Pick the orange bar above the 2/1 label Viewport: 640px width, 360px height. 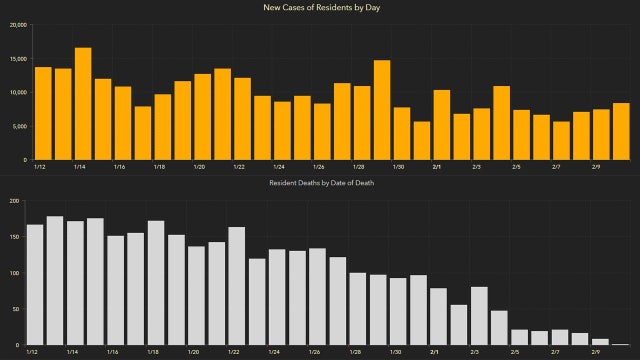(x=441, y=125)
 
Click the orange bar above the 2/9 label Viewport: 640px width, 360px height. (x=600, y=134)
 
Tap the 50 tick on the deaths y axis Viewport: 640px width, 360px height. (x=16, y=309)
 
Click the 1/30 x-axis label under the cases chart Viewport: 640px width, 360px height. (x=399, y=168)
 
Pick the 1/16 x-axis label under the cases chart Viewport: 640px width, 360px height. (x=119, y=168)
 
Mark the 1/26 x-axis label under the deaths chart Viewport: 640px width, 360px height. (x=317, y=353)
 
